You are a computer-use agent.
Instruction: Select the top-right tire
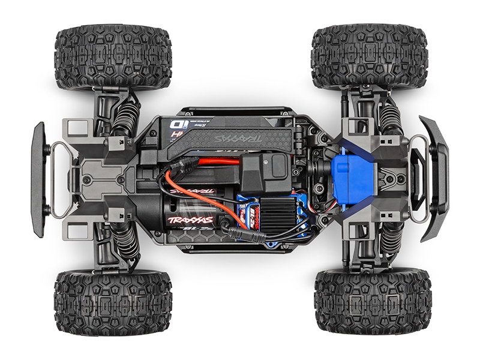[x=370, y=58]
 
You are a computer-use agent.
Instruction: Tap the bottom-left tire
[x=112, y=303]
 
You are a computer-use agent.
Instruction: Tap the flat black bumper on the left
[x=39, y=179]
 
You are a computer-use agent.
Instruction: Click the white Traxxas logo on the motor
[x=190, y=220]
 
